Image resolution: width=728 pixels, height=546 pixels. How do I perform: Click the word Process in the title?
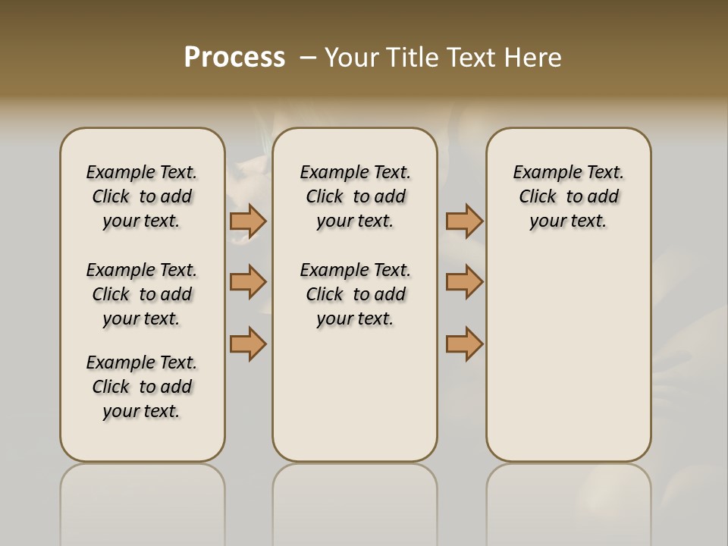pyautogui.click(x=234, y=58)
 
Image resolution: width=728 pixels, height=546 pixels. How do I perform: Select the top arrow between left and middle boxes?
pyautogui.click(x=248, y=221)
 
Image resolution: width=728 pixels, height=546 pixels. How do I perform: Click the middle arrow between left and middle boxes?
pyautogui.click(x=248, y=282)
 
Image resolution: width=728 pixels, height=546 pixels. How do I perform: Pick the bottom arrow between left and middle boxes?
pyautogui.click(x=248, y=344)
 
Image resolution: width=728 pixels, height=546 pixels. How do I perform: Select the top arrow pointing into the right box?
pyautogui.click(x=464, y=221)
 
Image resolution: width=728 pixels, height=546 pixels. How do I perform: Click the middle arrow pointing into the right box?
pyautogui.click(x=464, y=282)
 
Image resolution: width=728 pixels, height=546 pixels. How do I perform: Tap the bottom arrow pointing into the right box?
pyautogui.click(x=464, y=344)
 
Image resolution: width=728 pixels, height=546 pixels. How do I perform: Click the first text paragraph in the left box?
pyautogui.click(x=142, y=196)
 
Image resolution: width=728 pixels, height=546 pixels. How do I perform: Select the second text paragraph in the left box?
pyautogui.click(x=142, y=294)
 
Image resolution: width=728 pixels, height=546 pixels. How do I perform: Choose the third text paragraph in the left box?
pyautogui.click(x=142, y=387)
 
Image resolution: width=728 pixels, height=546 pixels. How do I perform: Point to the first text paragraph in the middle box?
pyautogui.click(x=355, y=196)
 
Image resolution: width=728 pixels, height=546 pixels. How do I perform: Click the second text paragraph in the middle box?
pyautogui.click(x=355, y=294)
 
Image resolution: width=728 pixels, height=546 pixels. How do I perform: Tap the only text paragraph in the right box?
pyautogui.click(x=568, y=196)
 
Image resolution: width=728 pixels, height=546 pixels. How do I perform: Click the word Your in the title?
pyautogui.click(x=352, y=58)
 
